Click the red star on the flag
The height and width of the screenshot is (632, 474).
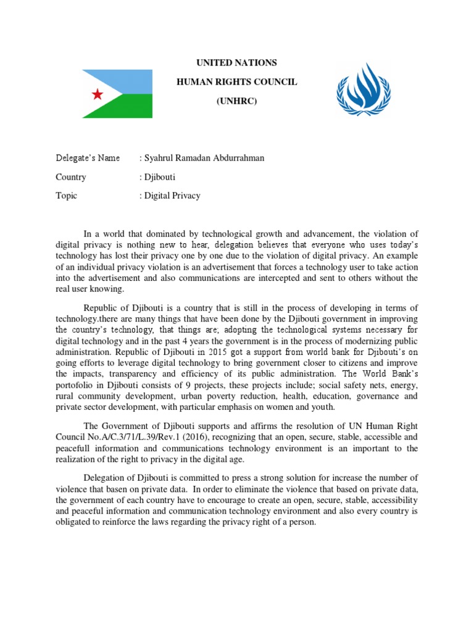pyautogui.click(x=98, y=94)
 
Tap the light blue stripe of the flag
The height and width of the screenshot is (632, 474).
pyautogui.click(x=130, y=81)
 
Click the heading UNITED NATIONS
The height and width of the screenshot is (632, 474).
pyautogui.click(x=236, y=63)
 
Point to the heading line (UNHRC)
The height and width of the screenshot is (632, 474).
pyautogui.click(x=236, y=100)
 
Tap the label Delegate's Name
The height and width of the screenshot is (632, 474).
pyautogui.click(x=88, y=158)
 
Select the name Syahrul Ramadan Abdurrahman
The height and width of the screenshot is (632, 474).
pyautogui.click(x=204, y=158)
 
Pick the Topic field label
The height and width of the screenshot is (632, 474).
pyautogui.click(x=67, y=196)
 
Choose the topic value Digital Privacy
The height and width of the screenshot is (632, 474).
pyautogui.click(x=172, y=196)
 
